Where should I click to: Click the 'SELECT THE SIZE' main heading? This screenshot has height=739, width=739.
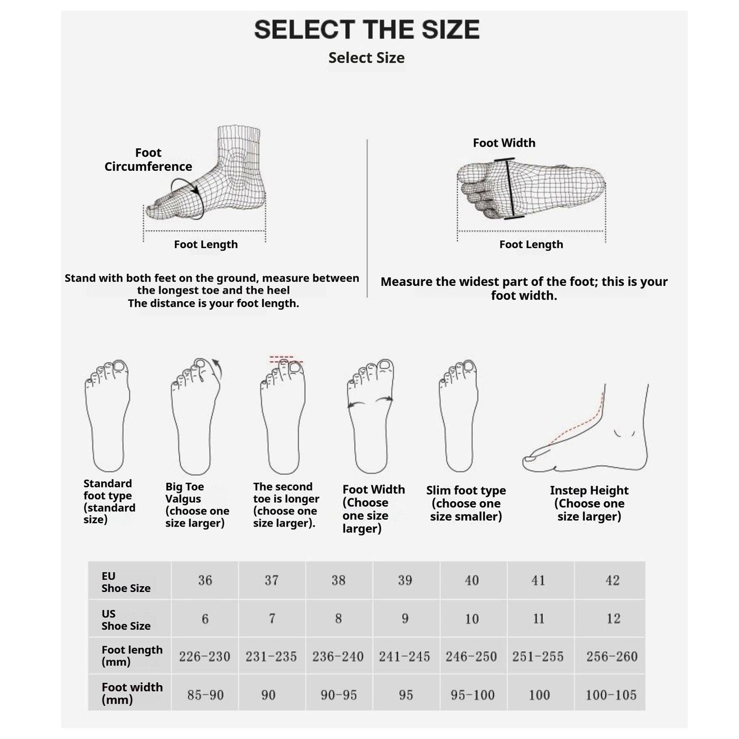click(367, 30)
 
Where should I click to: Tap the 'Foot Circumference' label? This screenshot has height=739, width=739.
click(148, 160)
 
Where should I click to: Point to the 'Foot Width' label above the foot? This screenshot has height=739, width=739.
click(504, 143)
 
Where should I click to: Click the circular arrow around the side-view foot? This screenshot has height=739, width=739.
click(188, 198)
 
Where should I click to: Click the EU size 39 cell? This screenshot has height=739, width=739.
click(405, 580)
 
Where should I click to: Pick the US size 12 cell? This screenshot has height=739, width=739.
click(613, 619)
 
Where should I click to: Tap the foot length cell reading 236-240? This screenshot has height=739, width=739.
click(338, 657)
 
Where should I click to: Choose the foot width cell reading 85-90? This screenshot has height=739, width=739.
click(205, 695)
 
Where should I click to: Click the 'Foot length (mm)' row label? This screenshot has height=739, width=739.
click(131, 656)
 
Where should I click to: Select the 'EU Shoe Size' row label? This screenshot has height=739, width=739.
click(126, 582)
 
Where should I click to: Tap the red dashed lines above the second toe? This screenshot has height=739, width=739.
click(285, 360)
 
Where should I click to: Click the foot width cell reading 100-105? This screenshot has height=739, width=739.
click(611, 695)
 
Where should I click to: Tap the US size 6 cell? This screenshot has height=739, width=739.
click(205, 619)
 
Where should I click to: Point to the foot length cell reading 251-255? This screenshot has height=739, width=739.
click(538, 657)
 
